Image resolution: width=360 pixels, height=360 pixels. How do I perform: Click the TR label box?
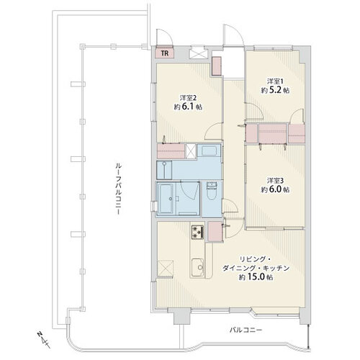tap(165, 53)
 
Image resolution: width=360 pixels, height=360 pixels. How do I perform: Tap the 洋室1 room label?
tap(275, 81)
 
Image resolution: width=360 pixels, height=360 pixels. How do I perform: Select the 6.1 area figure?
tap(188, 107)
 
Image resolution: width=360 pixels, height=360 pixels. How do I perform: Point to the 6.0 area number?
tap(275, 189)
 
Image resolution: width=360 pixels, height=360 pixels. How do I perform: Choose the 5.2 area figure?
tap(275, 90)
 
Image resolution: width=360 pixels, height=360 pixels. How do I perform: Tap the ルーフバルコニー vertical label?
tap(117, 189)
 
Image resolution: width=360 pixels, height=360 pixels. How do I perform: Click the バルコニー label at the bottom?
tap(246, 330)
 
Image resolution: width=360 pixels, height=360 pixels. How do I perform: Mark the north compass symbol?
tap(43, 339)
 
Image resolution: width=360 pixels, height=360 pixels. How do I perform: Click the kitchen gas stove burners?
tap(197, 233)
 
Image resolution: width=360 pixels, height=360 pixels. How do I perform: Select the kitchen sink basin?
tap(197, 268)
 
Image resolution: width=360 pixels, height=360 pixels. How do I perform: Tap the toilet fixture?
tap(212, 191)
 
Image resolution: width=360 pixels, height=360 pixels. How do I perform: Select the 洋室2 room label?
tap(188, 98)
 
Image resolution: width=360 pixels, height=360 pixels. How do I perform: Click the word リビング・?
tap(255, 259)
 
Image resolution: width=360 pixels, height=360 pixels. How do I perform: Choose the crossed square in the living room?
tap(166, 269)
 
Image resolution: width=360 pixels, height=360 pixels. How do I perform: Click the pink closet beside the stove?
tap(215, 231)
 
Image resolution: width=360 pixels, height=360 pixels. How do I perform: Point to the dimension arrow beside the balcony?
tap(309, 336)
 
